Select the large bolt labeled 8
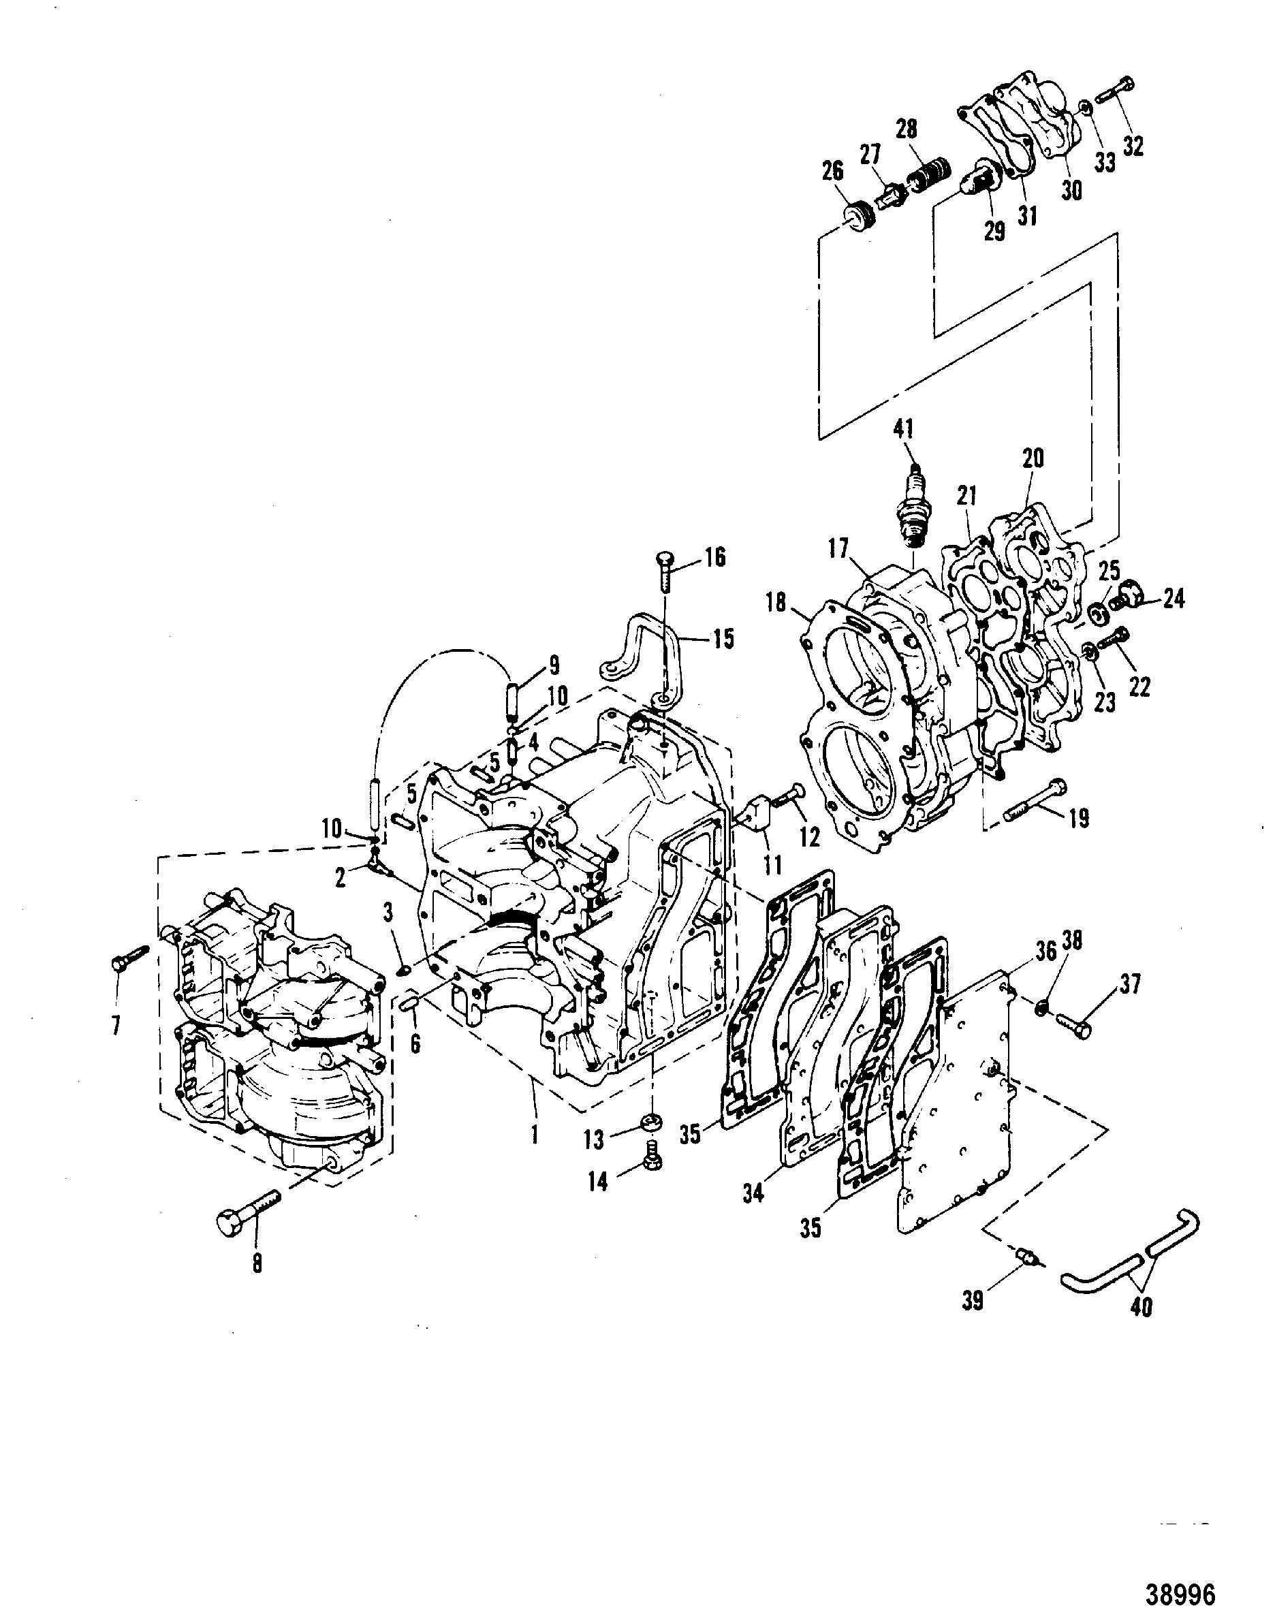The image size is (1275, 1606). tap(249, 1215)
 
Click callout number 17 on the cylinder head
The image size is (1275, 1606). tap(838, 549)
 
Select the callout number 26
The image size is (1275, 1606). tap(832, 172)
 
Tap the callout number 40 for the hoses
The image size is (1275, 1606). tap(1141, 1306)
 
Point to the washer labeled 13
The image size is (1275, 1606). tap(652, 1121)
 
